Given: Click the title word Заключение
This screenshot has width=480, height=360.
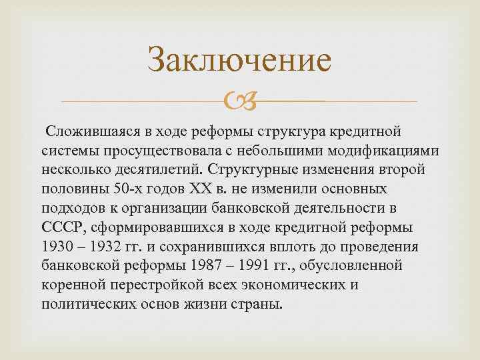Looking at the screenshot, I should click(x=239, y=60).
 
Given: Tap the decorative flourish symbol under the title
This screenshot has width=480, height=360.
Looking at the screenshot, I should click(x=239, y=101).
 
